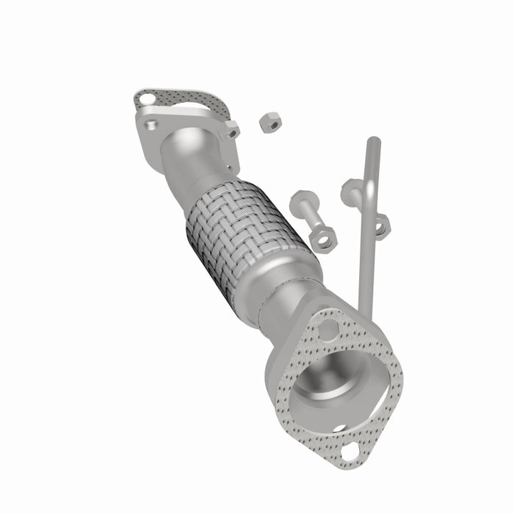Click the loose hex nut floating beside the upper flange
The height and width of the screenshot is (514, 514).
[x=269, y=122]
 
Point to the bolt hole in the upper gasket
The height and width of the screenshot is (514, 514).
[x=146, y=98]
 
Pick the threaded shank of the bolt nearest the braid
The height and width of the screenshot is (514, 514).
[x=312, y=220]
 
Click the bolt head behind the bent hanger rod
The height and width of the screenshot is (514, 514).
[x=350, y=192]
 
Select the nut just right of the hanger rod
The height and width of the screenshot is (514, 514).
[x=381, y=225]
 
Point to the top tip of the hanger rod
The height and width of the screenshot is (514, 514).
[x=373, y=140]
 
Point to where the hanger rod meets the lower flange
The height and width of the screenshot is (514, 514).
[x=362, y=308]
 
